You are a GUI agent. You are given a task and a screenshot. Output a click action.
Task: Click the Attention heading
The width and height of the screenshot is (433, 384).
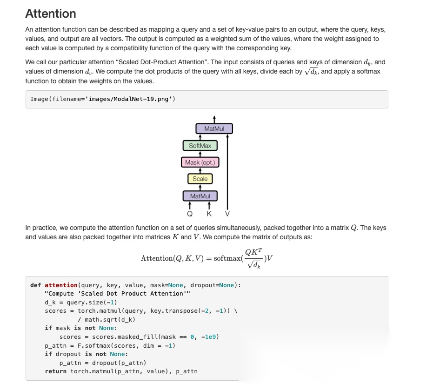[51, 13]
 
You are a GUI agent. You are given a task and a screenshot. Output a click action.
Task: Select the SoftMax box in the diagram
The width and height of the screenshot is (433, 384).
[200, 146]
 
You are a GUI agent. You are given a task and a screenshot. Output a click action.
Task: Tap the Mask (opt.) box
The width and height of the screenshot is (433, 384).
[200, 162]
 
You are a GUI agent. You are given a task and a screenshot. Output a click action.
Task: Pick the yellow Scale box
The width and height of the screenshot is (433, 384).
[200, 179]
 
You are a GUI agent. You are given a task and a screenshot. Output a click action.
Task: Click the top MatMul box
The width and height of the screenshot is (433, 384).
[214, 128]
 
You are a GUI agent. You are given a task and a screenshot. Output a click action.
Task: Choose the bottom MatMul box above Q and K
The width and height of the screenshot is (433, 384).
[200, 196]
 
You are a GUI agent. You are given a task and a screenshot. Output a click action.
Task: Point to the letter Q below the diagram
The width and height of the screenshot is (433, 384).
[190, 214]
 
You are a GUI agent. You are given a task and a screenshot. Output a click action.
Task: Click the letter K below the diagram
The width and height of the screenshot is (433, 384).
[209, 214]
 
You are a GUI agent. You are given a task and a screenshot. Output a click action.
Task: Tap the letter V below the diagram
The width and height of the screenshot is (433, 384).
[227, 214]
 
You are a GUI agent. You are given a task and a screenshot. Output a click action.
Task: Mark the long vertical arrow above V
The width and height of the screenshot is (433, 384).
[227, 172]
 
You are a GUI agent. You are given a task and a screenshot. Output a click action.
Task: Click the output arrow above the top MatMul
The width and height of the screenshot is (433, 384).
[214, 119]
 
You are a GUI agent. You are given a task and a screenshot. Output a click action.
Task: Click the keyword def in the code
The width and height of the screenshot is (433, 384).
[35, 285]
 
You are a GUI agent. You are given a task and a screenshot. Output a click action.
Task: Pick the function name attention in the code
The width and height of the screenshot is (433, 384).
[61, 285]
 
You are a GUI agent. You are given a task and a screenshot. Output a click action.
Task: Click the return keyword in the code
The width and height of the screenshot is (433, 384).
[55, 371]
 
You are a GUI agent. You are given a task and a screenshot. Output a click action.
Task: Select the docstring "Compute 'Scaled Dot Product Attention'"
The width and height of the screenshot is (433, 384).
[117, 294]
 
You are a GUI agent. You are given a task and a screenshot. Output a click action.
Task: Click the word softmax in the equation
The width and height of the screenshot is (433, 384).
[227, 258]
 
